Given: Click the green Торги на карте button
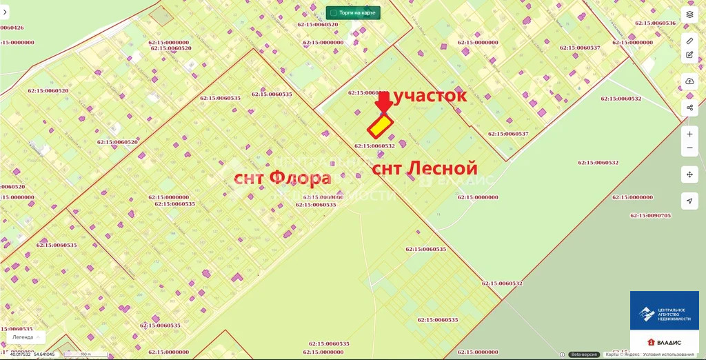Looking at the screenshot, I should coord(353,12).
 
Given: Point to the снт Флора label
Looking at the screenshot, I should coord(283,178).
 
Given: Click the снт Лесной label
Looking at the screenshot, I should coord(425,168).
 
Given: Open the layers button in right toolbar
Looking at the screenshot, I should coord(689,14).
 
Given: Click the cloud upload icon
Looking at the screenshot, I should coord(689,81).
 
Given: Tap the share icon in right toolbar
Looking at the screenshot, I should coord(689,108).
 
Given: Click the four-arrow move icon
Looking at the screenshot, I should coord(689,174).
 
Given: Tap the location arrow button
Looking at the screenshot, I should coord(689,201).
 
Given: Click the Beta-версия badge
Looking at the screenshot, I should coord(584,354).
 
